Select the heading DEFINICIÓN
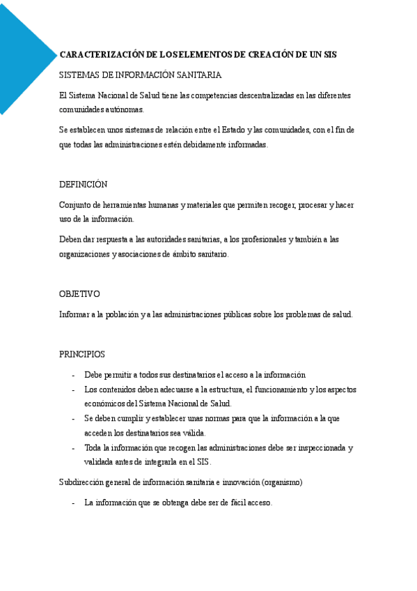click(x=83, y=185)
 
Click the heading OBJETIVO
click(x=79, y=294)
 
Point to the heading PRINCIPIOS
click(x=82, y=354)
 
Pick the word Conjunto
click(x=75, y=205)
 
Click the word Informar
click(x=74, y=314)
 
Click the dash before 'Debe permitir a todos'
click(x=74, y=375)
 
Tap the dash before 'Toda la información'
click(x=74, y=448)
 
